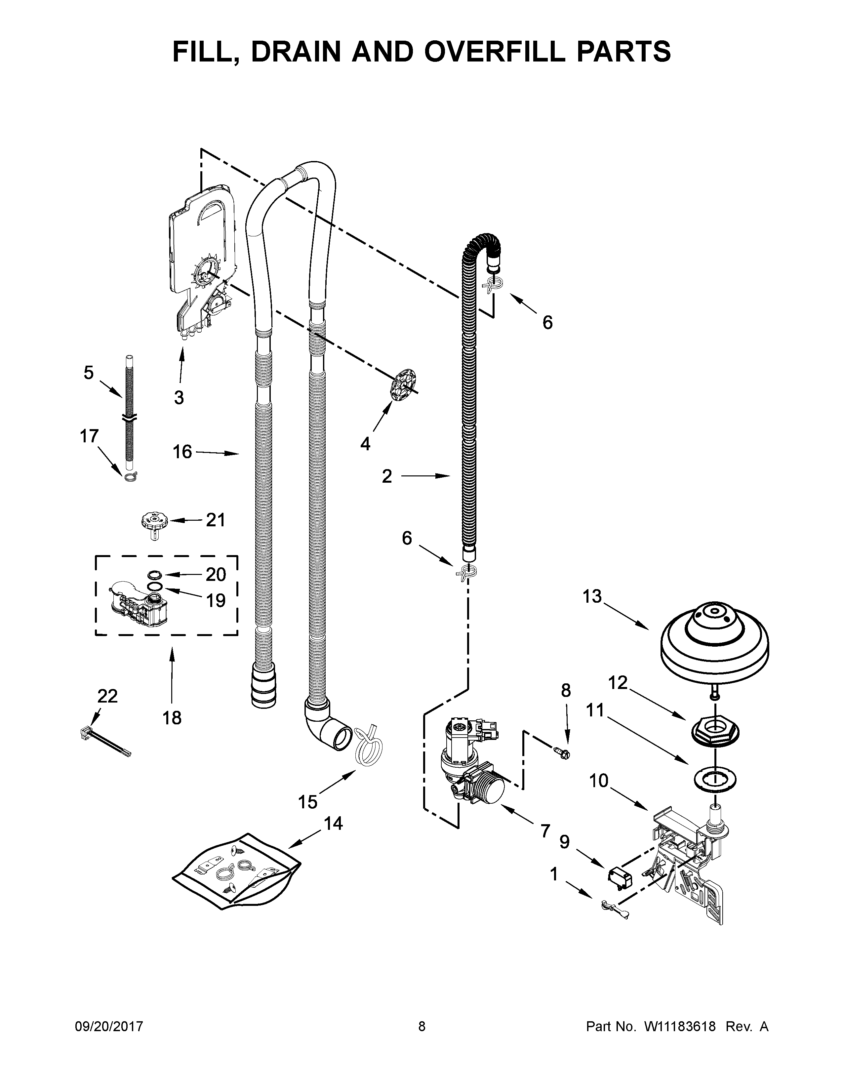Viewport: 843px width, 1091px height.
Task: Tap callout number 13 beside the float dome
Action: coord(592,596)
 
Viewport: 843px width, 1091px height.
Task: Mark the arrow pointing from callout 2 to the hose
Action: coord(425,476)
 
